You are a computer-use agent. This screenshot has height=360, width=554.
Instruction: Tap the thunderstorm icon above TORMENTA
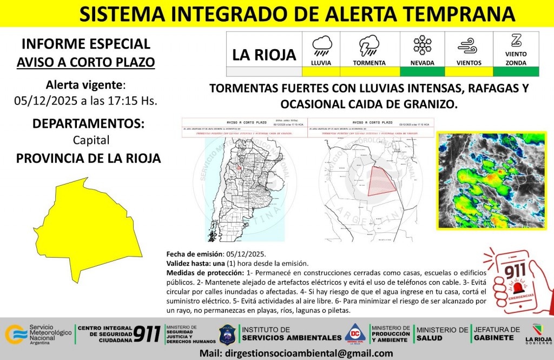click(369, 45)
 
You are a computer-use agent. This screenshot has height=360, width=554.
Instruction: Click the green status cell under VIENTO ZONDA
click(516, 71)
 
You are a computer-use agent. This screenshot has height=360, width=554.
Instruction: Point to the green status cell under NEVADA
click(422, 71)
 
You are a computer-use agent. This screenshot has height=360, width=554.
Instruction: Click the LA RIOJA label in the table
click(264, 55)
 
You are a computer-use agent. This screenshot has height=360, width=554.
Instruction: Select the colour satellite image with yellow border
click(492, 180)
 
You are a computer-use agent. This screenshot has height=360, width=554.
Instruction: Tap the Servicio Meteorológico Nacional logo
click(38, 334)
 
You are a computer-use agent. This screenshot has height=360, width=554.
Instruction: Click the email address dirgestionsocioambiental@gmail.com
click(296, 354)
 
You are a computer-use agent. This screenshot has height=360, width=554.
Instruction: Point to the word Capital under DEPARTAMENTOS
click(91, 140)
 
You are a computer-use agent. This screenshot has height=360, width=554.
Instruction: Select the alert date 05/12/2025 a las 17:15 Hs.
click(85, 101)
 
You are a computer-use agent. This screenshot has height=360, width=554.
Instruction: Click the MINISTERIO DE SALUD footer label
click(443, 333)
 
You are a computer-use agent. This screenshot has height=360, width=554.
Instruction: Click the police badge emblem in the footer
click(227, 334)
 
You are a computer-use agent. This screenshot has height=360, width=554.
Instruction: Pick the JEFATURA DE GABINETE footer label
click(497, 333)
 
